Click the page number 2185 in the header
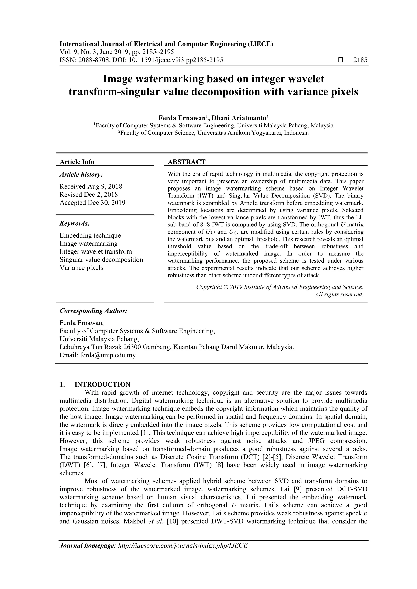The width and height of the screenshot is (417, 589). [x=360, y=60]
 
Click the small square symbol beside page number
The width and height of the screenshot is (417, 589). [x=341, y=60]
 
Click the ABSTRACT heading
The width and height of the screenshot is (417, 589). [x=187, y=162]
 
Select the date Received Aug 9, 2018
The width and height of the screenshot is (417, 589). [x=91, y=186]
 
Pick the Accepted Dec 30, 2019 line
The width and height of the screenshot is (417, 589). [x=92, y=203]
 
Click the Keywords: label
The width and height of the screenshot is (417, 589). [x=75, y=223]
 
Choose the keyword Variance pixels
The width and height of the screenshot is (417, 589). [x=81, y=268]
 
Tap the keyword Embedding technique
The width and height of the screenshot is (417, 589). [x=90, y=235]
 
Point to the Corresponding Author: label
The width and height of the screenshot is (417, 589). [x=93, y=311]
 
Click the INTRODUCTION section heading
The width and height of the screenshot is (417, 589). [x=102, y=384]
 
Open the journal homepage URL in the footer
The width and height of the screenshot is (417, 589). [x=182, y=553]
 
